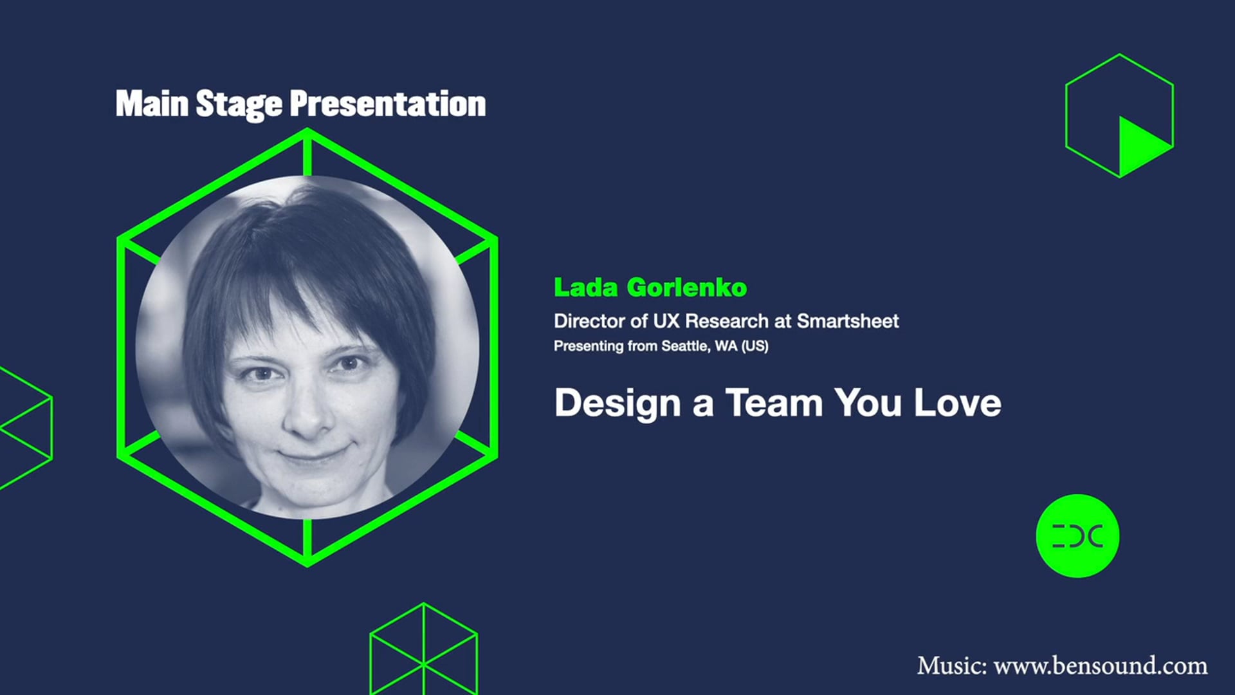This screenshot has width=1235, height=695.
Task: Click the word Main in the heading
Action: click(x=152, y=104)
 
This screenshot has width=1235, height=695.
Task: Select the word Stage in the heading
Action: click(x=239, y=105)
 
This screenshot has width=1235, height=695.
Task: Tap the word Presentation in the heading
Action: click(x=387, y=104)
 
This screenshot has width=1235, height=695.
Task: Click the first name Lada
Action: click(x=585, y=288)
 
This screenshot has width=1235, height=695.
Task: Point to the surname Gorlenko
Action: click(x=686, y=288)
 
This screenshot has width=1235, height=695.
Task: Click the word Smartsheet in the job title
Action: click(x=847, y=320)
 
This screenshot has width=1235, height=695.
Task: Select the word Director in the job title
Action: click(x=589, y=320)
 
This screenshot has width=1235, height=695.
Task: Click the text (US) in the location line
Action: click(x=755, y=346)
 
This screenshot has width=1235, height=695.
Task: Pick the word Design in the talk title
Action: click(x=617, y=403)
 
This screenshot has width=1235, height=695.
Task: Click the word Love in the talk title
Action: click(x=957, y=403)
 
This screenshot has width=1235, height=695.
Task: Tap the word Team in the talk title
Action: click(x=774, y=403)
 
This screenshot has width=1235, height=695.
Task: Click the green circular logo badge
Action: click(x=1077, y=536)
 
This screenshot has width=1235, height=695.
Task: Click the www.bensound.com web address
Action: click(x=1100, y=665)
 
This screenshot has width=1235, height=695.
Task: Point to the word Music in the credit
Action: click(x=951, y=665)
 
